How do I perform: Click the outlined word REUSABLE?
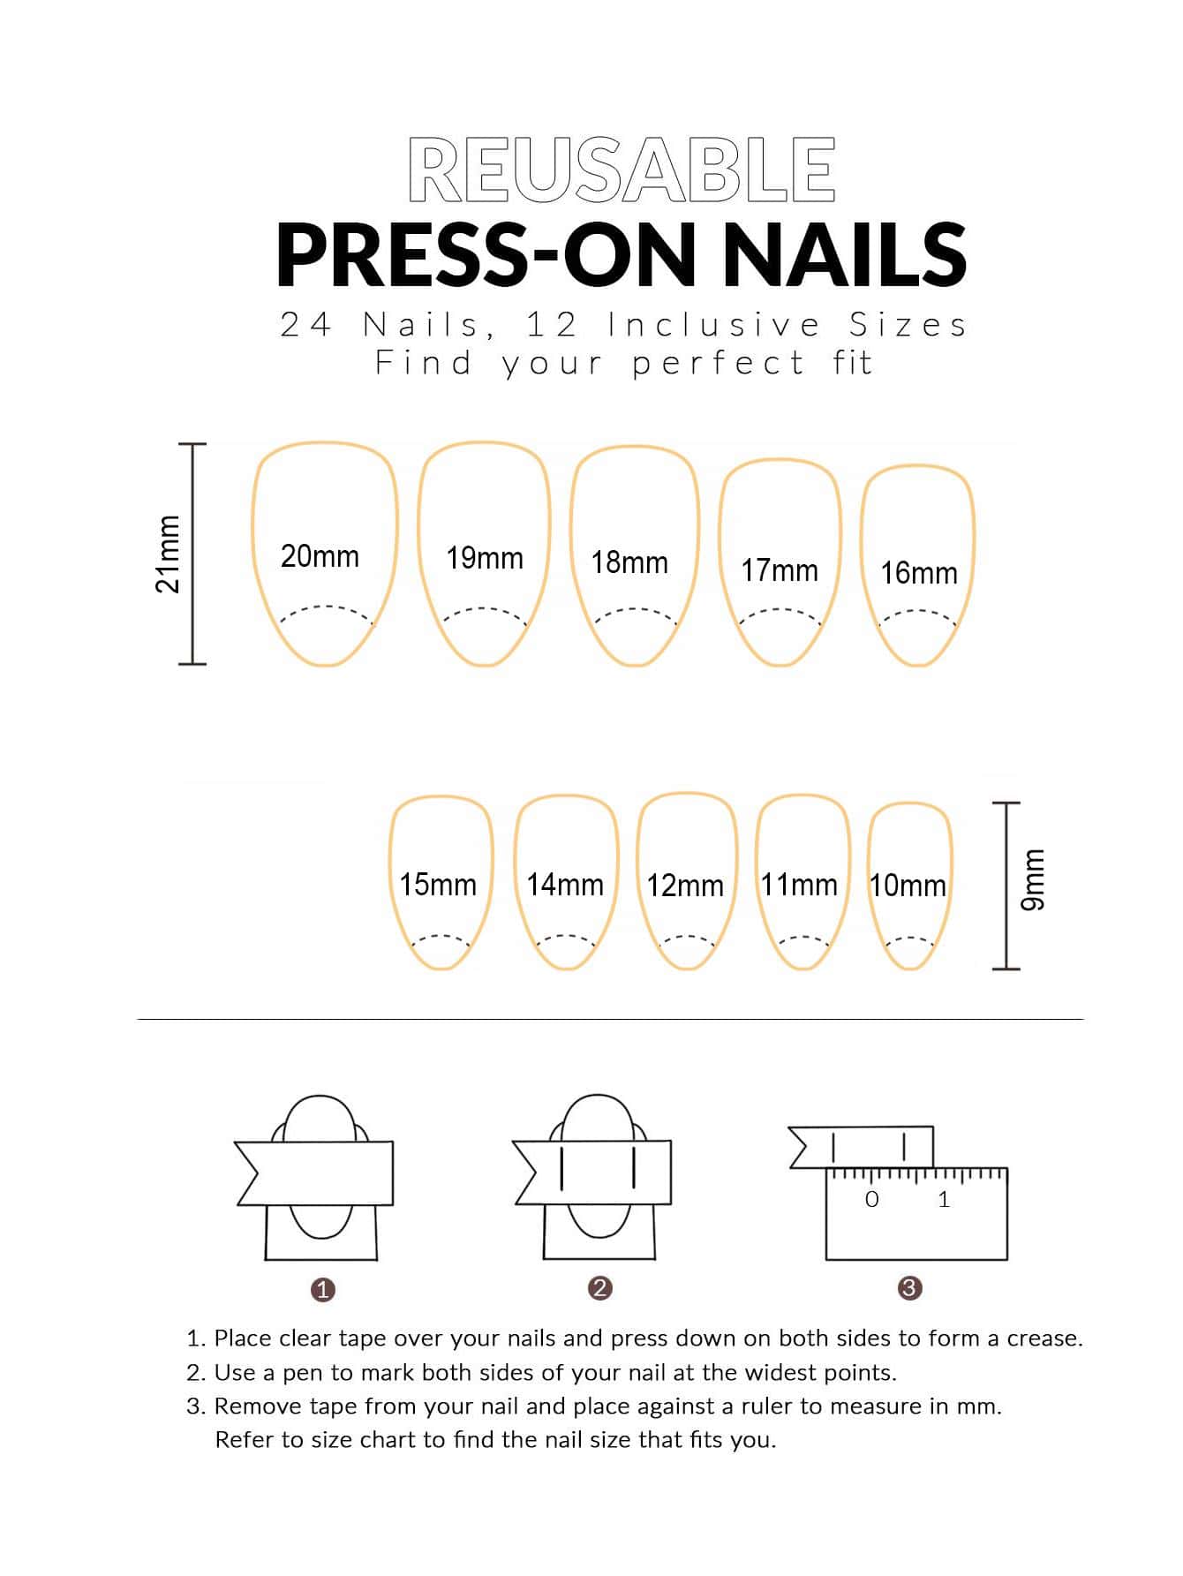(622, 170)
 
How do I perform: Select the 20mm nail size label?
(320, 556)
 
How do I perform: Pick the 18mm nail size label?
(629, 562)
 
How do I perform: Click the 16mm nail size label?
(919, 573)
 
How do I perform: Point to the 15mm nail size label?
(438, 884)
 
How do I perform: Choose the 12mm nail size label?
(685, 886)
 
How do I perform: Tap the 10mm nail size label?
(908, 885)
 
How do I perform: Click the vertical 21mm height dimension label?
(168, 554)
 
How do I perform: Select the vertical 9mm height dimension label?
(1032, 879)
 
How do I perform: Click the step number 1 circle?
(323, 1289)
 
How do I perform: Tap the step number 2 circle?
(599, 1287)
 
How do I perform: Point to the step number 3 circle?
(909, 1287)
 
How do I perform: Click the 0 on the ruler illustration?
(872, 1199)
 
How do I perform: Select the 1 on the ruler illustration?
(944, 1199)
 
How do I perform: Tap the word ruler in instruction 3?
(771, 1406)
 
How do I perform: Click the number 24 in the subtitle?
(306, 325)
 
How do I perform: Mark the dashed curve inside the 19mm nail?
(485, 608)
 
